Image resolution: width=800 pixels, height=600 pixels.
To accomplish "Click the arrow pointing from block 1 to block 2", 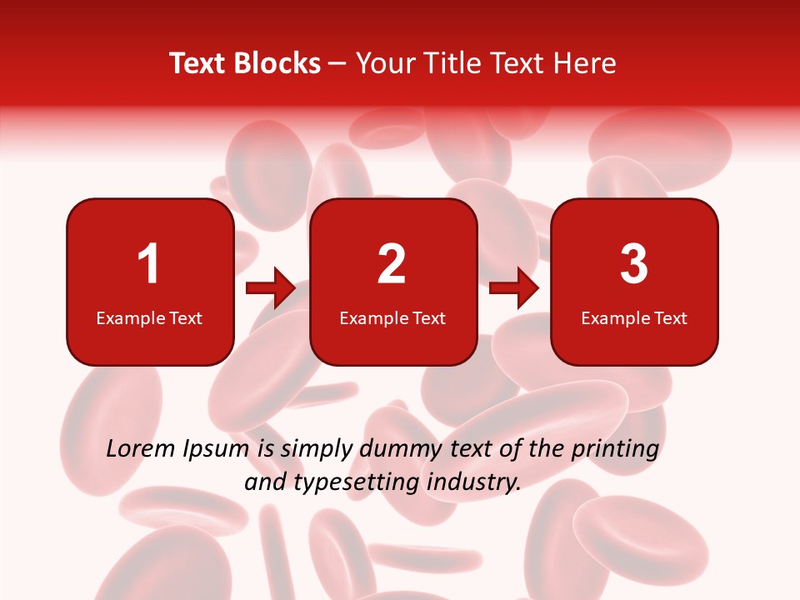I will click(x=271, y=288).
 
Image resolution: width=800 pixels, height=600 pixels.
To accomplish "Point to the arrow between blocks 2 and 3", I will click(x=514, y=288).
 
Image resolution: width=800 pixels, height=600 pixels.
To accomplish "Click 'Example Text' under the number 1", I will click(x=149, y=318).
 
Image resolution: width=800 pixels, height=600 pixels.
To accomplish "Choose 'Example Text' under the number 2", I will click(x=392, y=318).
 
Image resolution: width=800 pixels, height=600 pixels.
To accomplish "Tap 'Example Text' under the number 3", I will click(x=634, y=318).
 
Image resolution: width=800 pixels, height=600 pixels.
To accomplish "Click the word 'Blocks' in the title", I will click(x=276, y=63).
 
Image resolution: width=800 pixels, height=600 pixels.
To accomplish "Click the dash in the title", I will click(x=337, y=63).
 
